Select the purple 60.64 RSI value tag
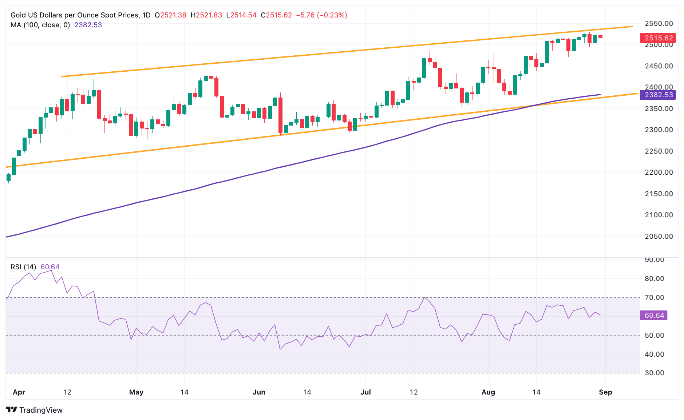(654, 315)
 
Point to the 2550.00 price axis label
(659, 23)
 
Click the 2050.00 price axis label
(659, 236)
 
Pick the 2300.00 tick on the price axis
(659, 130)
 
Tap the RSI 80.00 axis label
(654, 278)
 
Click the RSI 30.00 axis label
(654, 373)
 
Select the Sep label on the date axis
(605, 392)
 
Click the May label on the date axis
(136, 392)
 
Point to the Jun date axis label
(259, 392)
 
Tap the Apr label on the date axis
(19, 392)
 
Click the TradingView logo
(34, 410)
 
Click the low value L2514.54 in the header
(241, 15)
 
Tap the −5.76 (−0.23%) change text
(321, 15)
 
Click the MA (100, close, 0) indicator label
(40, 25)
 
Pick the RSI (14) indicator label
(23, 267)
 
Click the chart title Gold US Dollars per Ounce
(75, 15)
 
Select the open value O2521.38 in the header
(170, 15)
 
